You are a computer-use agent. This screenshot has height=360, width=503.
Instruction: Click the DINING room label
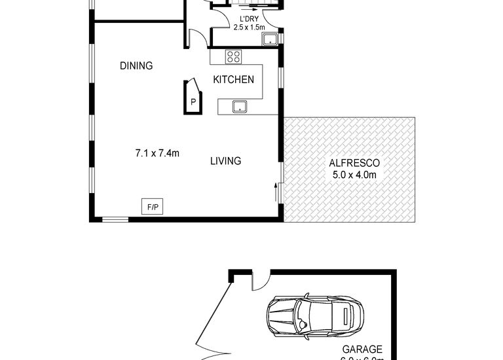pyautogui.click(x=136, y=65)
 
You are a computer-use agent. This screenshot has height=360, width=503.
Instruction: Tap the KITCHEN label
pyautogui.click(x=234, y=80)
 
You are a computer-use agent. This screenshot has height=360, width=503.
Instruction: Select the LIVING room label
pyautogui.click(x=226, y=160)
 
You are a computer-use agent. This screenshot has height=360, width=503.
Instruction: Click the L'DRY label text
pyautogui.click(x=248, y=19)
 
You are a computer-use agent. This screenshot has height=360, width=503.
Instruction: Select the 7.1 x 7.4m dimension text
pyautogui.click(x=157, y=154)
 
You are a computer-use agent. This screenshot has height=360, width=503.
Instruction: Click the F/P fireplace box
pyautogui.click(x=153, y=207)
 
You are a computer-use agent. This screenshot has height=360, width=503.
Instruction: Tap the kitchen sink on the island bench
pyautogui.click(x=239, y=106)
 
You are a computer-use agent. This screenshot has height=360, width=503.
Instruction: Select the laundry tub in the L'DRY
pyautogui.click(x=269, y=41)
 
